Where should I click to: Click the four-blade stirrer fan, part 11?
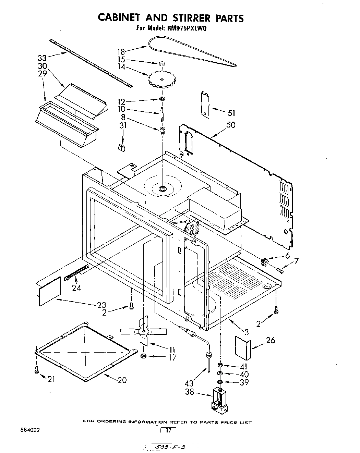[x=143, y=331]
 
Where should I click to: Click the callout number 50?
[x=231, y=124]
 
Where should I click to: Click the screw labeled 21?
[x=36, y=369]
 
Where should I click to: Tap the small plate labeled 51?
[x=205, y=104]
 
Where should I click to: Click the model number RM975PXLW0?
[x=187, y=29]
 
